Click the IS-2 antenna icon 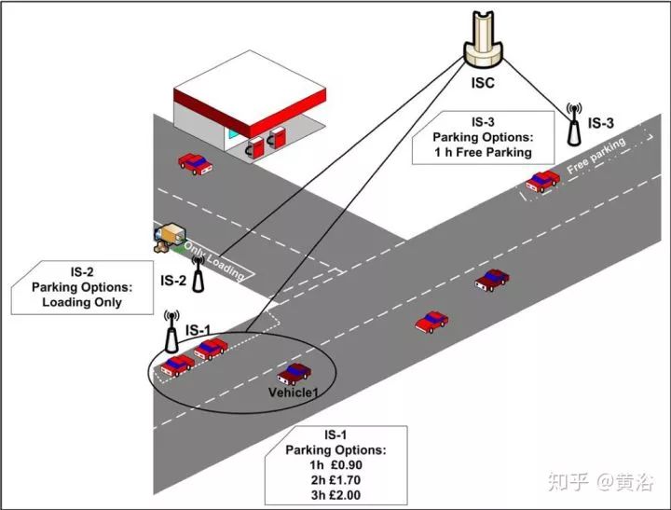coord(197,268)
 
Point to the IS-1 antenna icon coord(171,328)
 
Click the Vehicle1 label coord(293,393)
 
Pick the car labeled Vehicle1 coord(294,373)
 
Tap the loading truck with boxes coord(169,238)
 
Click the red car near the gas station coord(195,163)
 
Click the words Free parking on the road coord(597,156)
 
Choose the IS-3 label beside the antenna coord(600,122)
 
